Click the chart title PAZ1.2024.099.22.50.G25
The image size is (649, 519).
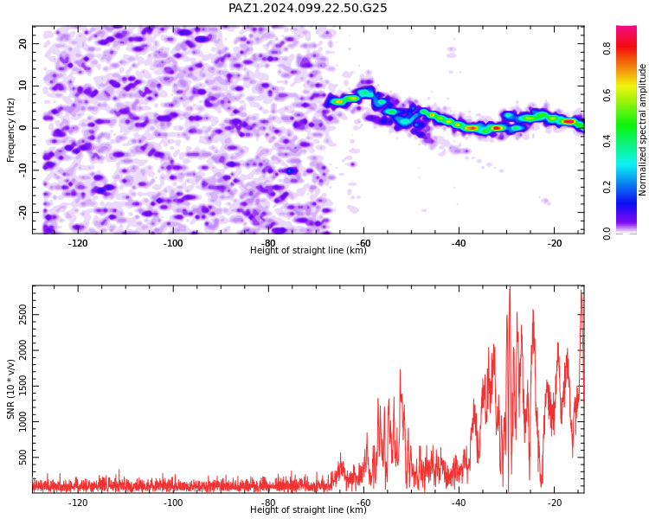coord(307,8)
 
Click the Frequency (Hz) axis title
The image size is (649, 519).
coord(10,130)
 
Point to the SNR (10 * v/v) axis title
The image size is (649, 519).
coord(10,389)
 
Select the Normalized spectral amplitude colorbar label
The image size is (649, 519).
coord(642,130)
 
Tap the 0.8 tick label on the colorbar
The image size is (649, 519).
coord(607,48)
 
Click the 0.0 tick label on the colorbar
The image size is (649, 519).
coord(607,234)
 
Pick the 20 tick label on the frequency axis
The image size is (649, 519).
coord(22,43)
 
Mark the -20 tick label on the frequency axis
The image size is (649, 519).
coord(22,212)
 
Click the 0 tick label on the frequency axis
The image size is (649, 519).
coord(22,128)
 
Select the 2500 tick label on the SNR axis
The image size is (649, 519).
coord(22,314)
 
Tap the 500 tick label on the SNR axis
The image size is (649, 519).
coord(22,458)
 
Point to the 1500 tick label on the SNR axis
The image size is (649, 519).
coord(22,386)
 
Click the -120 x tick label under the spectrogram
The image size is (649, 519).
coord(77,243)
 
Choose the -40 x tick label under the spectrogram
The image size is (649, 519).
coord(459,243)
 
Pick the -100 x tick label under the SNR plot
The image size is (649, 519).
coord(173,503)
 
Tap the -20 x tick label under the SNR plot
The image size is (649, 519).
coord(554,503)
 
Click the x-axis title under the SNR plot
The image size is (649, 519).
coord(308,509)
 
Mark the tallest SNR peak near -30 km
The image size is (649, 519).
coord(510,286)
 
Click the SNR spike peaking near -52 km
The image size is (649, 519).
coord(400,370)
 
